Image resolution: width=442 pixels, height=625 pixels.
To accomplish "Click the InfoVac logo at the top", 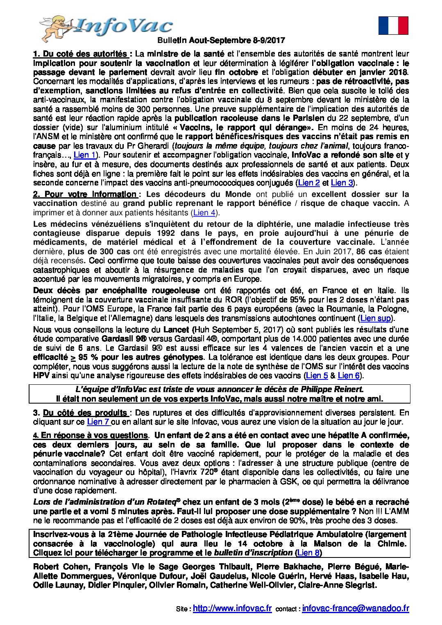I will coord(107,27).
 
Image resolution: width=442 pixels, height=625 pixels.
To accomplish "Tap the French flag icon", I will coord(393,25).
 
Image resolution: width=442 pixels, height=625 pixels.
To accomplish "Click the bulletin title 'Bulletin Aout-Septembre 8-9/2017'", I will coord(221,41).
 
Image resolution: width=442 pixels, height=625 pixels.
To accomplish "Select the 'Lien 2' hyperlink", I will coord(308,183).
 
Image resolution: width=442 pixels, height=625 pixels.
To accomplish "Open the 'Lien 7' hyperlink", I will coord(98,422).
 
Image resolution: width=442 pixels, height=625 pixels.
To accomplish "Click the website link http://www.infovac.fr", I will coord(232,608).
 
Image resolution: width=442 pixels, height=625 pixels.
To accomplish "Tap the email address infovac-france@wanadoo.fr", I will coord(355,608).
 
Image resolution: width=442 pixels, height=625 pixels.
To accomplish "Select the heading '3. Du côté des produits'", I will coord(82,413).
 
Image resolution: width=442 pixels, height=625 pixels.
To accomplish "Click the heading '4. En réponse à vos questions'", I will coord(91,435).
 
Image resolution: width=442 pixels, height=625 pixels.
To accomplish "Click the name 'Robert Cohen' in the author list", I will coord(61,566).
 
